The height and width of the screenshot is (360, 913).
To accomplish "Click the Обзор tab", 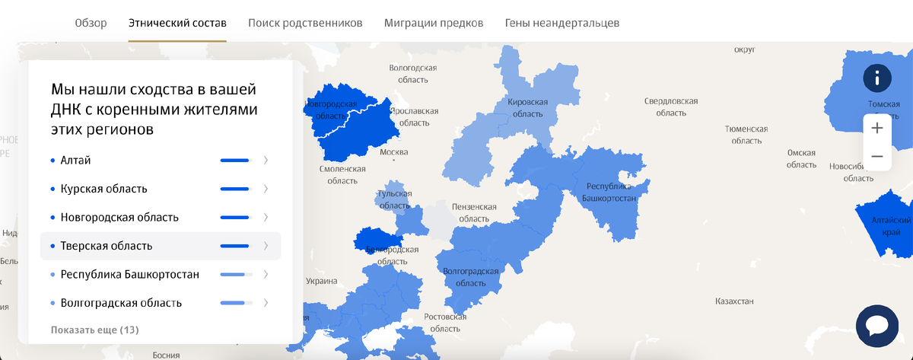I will tap(91, 23).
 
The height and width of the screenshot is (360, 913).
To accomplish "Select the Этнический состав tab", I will tap(177, 23).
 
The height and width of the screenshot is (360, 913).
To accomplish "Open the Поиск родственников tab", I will tap(305, 23).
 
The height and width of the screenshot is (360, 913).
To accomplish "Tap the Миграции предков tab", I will tap(434, 23).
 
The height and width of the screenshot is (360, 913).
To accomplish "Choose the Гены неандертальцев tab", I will tap(561, 23).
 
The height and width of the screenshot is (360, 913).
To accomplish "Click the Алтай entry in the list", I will tap(76, 160).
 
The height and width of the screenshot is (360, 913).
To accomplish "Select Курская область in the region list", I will tap(104, 189).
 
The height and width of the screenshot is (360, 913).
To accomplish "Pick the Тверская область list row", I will tap(107, 246).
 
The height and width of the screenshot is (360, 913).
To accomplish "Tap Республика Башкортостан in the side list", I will tap(129, 274).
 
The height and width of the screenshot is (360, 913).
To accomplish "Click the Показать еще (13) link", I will tap(94, 330).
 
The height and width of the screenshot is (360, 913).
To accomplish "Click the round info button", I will tap(876, 78).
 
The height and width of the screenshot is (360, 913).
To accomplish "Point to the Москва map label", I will tap(393, 152).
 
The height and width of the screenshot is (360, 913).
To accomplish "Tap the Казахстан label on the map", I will tap(734, 301).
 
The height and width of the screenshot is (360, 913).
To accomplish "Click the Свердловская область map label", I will tap(671, 106).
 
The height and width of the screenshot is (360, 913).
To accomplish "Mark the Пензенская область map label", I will tap(473, 212).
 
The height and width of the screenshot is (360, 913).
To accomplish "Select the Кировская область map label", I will tap(527, 107).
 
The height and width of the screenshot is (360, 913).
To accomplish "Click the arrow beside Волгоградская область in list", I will tap(266, 303).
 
